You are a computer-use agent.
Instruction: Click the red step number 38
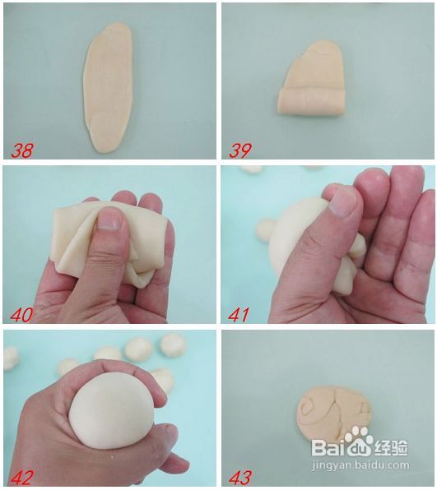point(22,150)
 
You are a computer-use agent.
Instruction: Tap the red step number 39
point(240,150)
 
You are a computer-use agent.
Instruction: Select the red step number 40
point(22,314)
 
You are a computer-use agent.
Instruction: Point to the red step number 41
point(239,314)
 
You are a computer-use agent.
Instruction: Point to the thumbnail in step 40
point(110,220)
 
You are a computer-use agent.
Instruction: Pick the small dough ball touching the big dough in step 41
point(265,229)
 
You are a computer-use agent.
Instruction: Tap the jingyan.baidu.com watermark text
point(361,465)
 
